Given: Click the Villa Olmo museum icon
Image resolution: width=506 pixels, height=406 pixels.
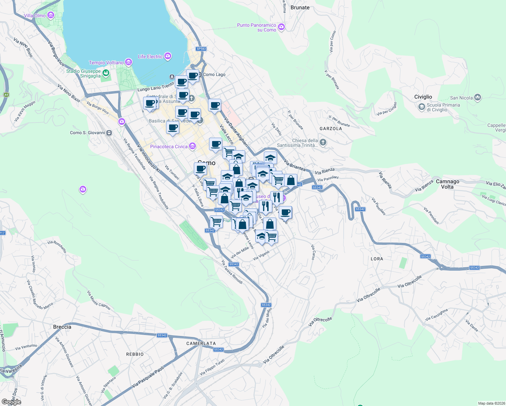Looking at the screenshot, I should click(x=51, y=15).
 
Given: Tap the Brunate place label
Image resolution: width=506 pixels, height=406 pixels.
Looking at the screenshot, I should click(x=300, y=7).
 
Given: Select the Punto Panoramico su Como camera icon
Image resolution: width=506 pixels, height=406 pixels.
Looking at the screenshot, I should click(x=281, y=27).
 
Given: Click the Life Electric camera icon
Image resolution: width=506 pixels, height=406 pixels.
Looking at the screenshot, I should click(x=167, y=56).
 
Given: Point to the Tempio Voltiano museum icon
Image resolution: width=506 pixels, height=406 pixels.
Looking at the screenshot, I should click(x=129, y=62).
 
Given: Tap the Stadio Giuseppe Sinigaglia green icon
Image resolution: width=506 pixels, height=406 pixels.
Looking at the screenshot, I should click(x=106, y=73).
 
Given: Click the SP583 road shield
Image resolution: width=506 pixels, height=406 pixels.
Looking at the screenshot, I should click(x=201, y=49).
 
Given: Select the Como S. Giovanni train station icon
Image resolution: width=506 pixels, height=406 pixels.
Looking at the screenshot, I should click(x=109, y=133).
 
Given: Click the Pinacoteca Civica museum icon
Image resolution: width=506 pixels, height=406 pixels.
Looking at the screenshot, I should click(x=192, y=146).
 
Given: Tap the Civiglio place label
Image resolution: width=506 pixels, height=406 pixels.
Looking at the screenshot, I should click(x=423, y=97).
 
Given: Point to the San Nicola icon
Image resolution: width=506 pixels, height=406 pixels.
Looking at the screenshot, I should click(x=478, y=98).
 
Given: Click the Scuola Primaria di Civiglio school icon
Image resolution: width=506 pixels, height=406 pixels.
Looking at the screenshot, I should click(x=421, y=107).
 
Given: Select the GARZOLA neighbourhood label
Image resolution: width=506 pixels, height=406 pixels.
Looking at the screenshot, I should click(x=330, y=129).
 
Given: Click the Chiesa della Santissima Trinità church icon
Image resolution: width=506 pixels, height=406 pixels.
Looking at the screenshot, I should click(x=323, y=142).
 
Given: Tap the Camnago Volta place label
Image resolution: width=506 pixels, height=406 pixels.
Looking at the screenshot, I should click(x=447, y=184).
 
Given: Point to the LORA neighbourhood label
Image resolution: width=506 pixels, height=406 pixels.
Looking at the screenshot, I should click(x=377, y=259).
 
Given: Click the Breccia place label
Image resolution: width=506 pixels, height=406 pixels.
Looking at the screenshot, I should click(x=62, y=327).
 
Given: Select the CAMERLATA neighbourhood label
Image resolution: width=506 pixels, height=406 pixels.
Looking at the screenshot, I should click(x=201, y=343).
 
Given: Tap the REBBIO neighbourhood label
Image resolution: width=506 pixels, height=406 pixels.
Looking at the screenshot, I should click(x=135, y=354).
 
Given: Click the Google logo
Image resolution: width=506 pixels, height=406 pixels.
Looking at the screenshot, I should click(x=11, y=402).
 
